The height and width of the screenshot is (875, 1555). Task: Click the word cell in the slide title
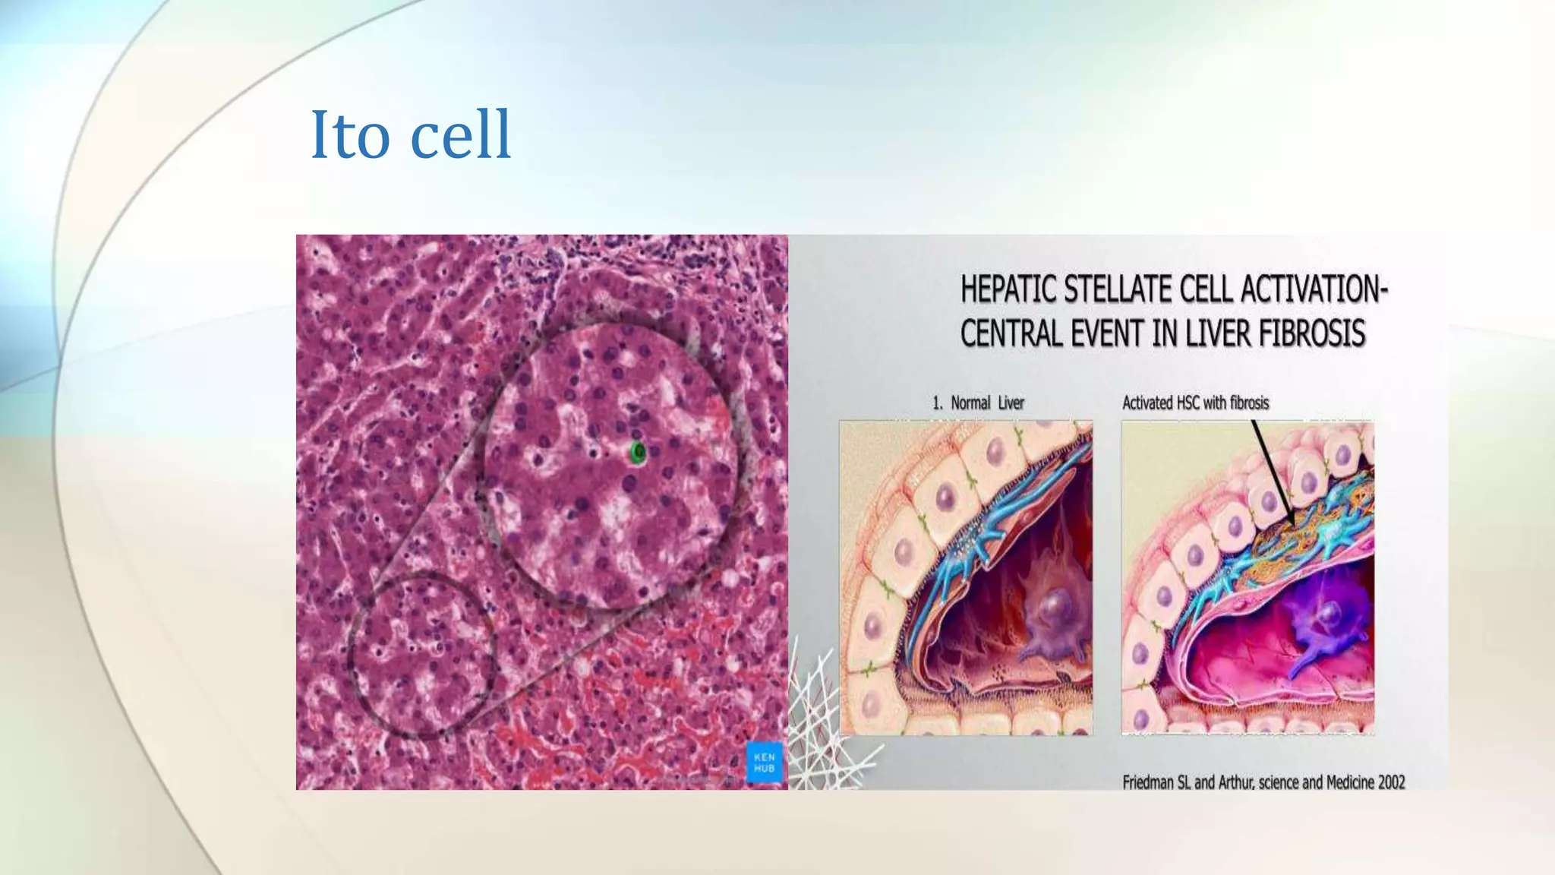(x=460, y=135)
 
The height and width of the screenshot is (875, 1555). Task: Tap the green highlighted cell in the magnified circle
(x=638, y=453)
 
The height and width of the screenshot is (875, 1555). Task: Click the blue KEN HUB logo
(x=764, y=763)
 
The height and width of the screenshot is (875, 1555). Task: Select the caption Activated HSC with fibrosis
(x=1195, y=403)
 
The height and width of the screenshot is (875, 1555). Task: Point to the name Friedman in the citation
(x=1148, y=782)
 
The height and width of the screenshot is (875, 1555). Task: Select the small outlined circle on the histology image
(x=422, y=655)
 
